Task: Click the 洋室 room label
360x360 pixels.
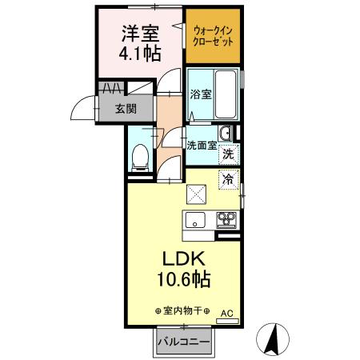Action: click(x=141, y=34)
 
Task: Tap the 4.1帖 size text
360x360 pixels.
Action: click(x=141, y=54)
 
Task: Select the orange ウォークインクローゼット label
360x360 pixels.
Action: click(x=213, y=36)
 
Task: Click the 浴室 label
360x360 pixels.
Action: click(x=201, y=94)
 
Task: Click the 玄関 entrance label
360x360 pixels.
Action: click(x=123, y=108)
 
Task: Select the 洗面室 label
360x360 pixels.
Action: click(x=201, y=146)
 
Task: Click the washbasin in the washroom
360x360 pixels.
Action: click(x=226, y=133)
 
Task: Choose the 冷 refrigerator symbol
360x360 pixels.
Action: click(x=228, y=179)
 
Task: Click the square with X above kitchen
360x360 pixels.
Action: click(x=196, y=194)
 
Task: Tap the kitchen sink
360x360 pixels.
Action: click(x=195, y=220)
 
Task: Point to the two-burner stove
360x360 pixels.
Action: click(x=226, y=220)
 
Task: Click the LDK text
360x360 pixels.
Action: click(x=186, y=260)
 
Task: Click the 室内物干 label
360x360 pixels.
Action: click(x=182, y=311)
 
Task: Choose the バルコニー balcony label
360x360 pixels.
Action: click(x=183, y=342)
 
